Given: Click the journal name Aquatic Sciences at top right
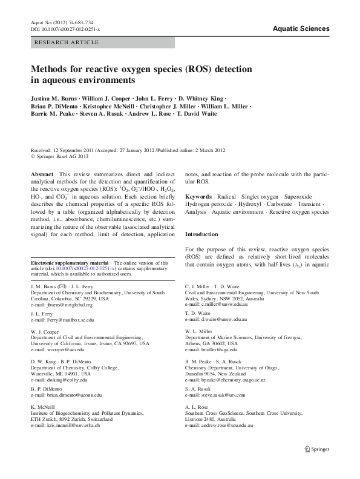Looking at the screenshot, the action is [301, 28].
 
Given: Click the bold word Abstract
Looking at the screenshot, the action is [42, 174].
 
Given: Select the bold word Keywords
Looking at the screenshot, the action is [198, 197].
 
